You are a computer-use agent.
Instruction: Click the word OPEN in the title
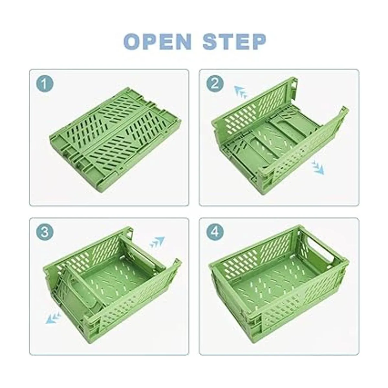[x=157, y=42]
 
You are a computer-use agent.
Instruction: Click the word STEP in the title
[x=234, y=42]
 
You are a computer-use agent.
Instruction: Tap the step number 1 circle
[x=45, y=84]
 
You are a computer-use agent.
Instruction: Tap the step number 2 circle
[x=215, y=84]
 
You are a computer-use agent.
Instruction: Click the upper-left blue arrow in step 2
[x=241, y=92]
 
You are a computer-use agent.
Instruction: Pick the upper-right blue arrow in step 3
[x=157, y=242]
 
